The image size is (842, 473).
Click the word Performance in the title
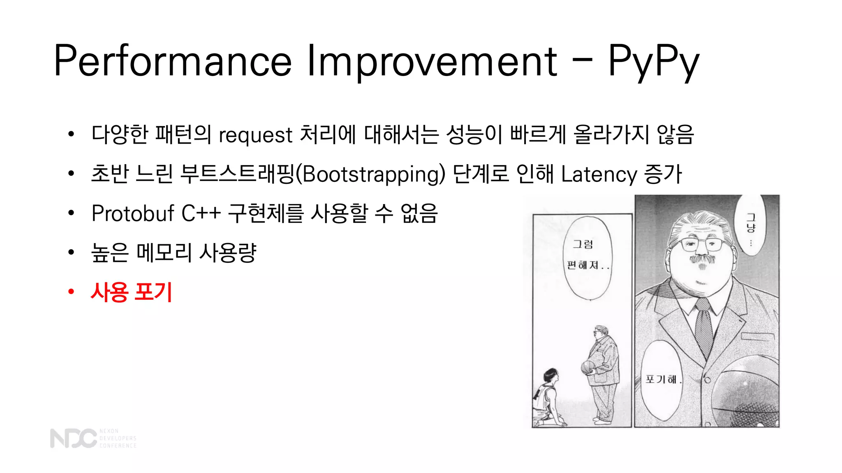tap(173, 62)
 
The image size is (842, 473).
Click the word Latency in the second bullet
tap(599, 174)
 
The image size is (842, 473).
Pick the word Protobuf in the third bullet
tap(133, 214)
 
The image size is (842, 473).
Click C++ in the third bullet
tap(201, 214)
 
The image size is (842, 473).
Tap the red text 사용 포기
tap(132, 292)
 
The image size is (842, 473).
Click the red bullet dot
tap(71, 292)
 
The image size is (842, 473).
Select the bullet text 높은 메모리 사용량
tap(173, 253)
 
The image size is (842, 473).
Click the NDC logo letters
tap(73, 438)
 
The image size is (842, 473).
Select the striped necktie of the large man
tap(703, 324)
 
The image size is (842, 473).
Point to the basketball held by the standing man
tap(587, 367)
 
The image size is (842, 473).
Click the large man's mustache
tap(701, 260)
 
